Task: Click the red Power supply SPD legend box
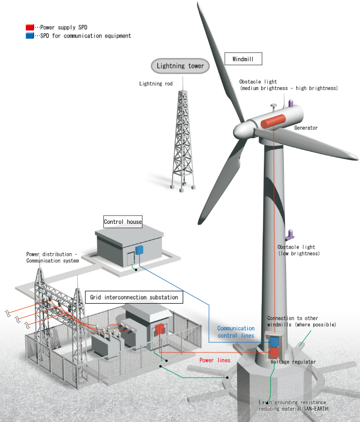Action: click(29, 26)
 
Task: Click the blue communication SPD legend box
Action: click(29, 36)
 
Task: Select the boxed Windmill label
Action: click(243, 59)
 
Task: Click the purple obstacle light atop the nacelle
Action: click(289, 103)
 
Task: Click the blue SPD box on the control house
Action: click(139, 250)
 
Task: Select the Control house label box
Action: click(123, 222)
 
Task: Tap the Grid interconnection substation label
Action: click(134, 297)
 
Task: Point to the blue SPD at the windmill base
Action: click(275, 341)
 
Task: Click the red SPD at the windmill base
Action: click(274, 353)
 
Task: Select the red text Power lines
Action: click(215, 360)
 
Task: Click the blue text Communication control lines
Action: click(236, 332)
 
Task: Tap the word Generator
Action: click(306, 128)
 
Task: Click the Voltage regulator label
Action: click(293, 362)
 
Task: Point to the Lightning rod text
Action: click(156, 83)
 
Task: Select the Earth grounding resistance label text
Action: click(294, 405)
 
